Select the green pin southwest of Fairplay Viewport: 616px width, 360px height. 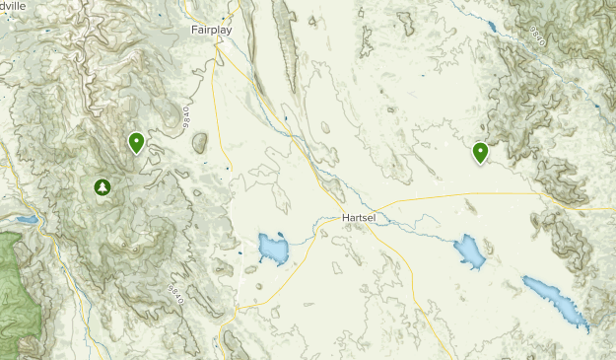pyautogui.click(x=136, y=143)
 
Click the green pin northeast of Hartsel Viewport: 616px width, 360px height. pyautogui.click(x=480, y=152)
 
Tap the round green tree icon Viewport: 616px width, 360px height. pyautogui.click(x=102, y=186)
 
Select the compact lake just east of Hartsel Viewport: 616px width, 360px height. pyautogui.click(x=470, y=254)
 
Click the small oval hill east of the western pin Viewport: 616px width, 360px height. pyautogui.click(x=200, y=143)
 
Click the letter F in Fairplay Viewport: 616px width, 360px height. pyautogui.click(x=194, y=30)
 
